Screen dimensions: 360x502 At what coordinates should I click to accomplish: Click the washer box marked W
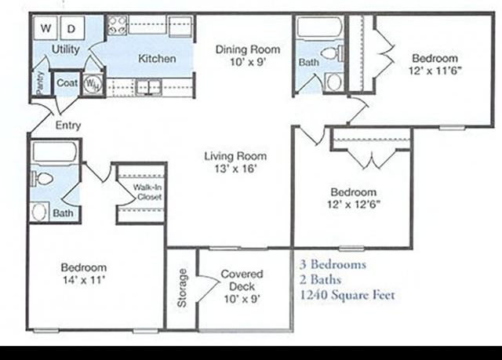46,28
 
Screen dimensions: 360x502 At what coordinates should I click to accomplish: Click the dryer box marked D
71,28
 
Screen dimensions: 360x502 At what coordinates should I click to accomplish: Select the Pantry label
39,82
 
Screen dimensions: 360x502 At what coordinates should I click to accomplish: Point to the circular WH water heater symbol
91,82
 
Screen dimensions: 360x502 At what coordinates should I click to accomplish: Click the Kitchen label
157,59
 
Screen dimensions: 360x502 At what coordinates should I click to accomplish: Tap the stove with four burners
117,25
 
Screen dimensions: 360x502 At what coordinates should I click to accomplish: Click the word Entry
68,125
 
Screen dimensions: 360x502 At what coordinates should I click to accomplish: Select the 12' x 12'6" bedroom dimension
352,205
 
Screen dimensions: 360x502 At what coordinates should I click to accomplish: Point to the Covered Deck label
242,281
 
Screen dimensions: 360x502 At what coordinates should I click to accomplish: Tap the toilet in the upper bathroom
333,54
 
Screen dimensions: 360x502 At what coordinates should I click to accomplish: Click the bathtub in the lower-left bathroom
54,151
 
